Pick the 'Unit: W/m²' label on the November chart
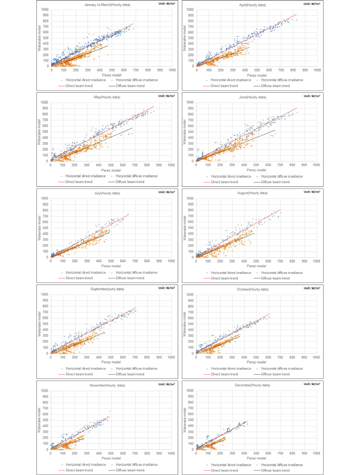point(165,383)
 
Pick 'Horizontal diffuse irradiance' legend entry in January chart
point(136,75)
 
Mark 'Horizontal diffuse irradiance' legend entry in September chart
point(136,368)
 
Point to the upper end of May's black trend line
point(133,128)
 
